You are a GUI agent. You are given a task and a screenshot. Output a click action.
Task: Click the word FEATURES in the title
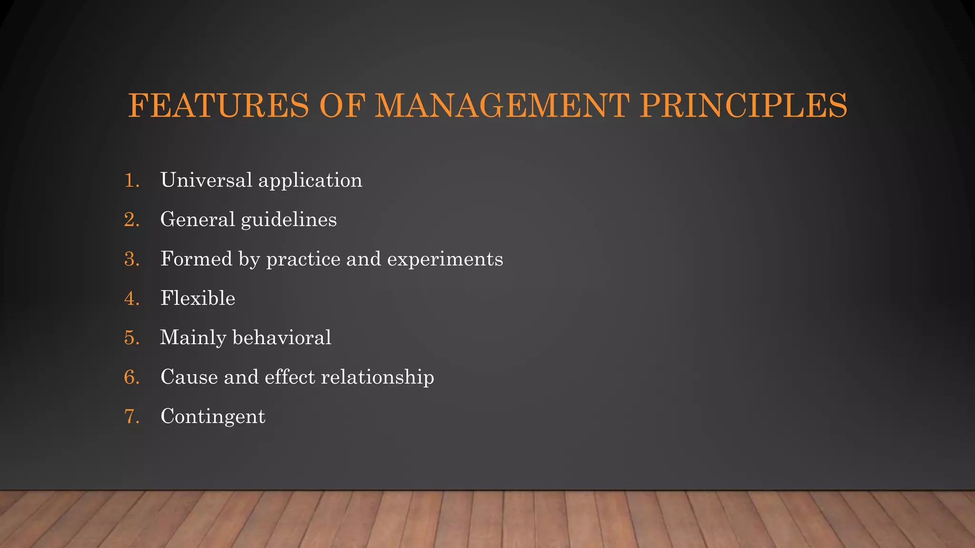(219, 105)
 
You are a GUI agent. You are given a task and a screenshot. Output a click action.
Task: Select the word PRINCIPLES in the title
(743, 105)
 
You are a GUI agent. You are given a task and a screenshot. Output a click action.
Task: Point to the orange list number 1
(131, 181)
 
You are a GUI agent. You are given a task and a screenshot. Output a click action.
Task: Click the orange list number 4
(131, 299)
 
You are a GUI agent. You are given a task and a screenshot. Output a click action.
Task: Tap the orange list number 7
(131, 417)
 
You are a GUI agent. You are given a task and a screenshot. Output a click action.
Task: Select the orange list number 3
(131, 259)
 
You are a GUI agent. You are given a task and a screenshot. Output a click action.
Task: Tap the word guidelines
(289, 220)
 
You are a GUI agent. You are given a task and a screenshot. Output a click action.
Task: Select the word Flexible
(198, 298)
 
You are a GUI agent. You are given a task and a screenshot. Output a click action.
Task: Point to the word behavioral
(281, 338)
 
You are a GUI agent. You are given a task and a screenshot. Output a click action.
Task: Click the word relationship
(378, 377)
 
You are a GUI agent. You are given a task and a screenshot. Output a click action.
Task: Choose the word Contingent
(213, 417)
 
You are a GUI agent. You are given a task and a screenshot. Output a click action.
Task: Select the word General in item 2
(198, 220)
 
